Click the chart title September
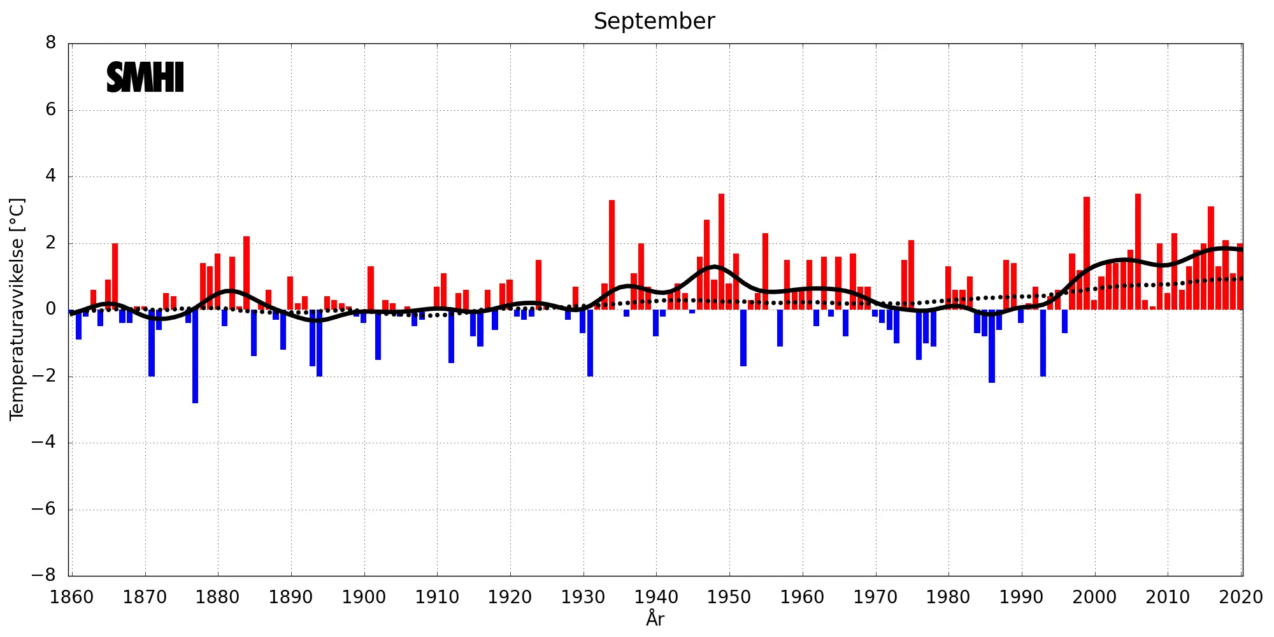pyautogui.click(x=654, y=21)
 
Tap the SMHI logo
pyautogui.click(x=145, y=77)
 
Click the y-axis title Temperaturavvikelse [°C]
pyautogui.click(x=17, y=309)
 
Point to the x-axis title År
pyautogui.click(x=655, y=619)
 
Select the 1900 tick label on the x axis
pyautogui.click(x=364, y=598)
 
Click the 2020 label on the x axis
pyautogui.click(x=1240, y=598)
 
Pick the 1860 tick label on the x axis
pyautogui.click(x=71, y=598)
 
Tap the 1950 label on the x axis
pyautogui.click(x=729, y=598)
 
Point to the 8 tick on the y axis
pyautogui.click(x=50, y=43)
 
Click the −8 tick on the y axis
pyautogui.click(x=44, y=575)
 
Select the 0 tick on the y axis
pyautogui.click(x=50, y=309)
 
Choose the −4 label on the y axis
pyautogui.click(x=44, y=442)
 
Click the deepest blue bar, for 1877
pyautogui.click(x=196, y=357)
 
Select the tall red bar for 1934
pyautogui.click(x=612, y=255)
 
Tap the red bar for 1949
pyautogui.click(x=721, y=252)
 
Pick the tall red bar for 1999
pyautogui.click(x=1087, y=254)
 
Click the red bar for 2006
pyautogui.click(x=1138, y=252)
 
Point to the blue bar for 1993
pyautogui.click(x=1043, y=343)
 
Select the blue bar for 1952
pyautogui.click(x=743, y=338)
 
